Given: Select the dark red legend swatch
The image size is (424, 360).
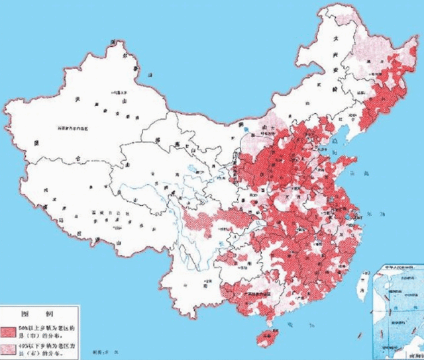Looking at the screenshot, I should click(10, 329).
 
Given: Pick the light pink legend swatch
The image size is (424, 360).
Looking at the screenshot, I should click(10, 347).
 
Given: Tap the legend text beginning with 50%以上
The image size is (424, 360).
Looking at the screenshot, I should click(46, 329).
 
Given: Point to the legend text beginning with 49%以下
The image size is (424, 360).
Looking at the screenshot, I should click(46, 347).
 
